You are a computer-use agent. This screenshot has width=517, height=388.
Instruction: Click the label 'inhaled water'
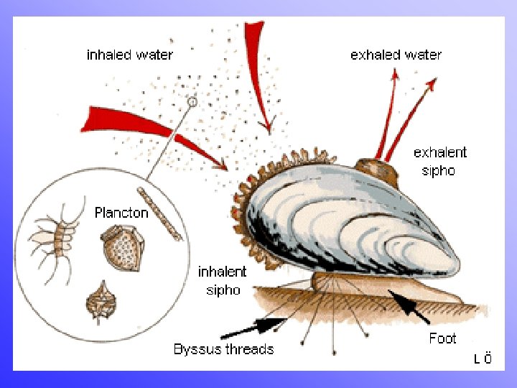[x=129, y=55]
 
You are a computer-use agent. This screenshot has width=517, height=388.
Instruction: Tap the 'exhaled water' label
[x=396, y=55]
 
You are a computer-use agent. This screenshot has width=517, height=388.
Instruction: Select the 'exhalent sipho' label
[x=439, y=162]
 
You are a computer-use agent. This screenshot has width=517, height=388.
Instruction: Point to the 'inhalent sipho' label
[x=222, y=281]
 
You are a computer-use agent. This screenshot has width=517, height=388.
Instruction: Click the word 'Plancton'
[x=121, y=213]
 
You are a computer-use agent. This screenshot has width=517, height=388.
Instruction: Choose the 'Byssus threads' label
[x=223, y=349]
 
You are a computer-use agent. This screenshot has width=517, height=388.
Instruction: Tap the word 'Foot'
[x=442, y=338]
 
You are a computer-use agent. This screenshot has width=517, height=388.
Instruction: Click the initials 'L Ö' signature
[x=483, y=359]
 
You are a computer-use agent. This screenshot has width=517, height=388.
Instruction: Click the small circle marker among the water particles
[x=192, y=103]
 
